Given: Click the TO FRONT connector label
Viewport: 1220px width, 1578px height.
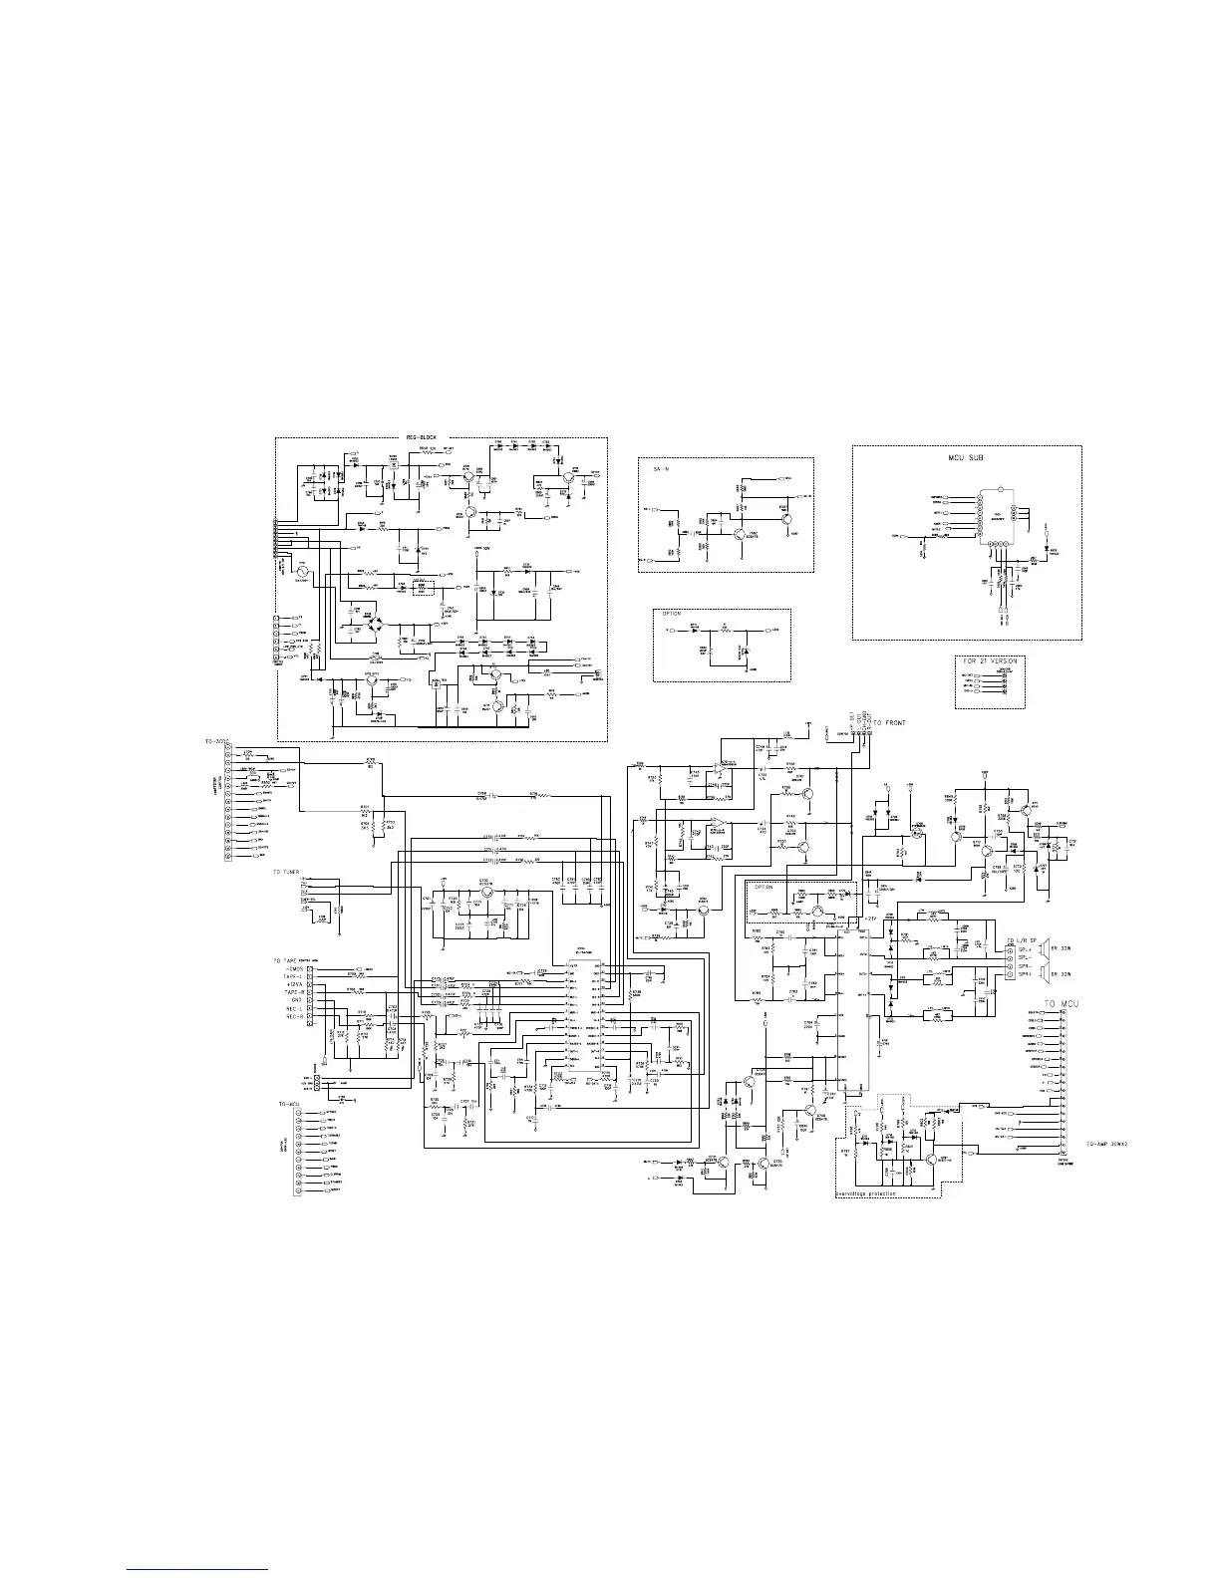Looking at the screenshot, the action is click(x=890, y=722).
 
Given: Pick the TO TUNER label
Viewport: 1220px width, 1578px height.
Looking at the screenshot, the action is click(x=286, y=872).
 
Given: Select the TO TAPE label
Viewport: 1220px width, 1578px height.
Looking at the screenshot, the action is click(x=285, y=960).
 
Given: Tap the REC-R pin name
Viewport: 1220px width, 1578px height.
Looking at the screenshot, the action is click(x=293, y=1016).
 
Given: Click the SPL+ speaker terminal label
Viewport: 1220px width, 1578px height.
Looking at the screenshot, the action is click(x=1018, y=949).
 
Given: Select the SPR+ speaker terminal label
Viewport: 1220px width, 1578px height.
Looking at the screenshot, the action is click(x=1018, y=974).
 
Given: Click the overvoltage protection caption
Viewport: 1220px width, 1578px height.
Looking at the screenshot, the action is click(x=865, y=1193).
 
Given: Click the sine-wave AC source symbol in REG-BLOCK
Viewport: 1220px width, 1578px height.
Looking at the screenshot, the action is click(x=302, y=574).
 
